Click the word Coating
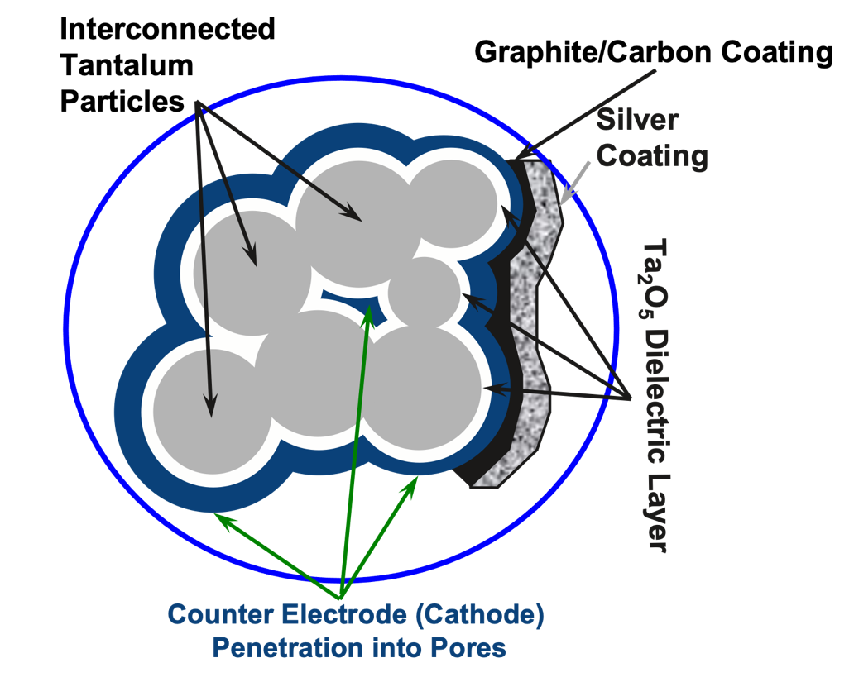(652, 155)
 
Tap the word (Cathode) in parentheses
(481, 616)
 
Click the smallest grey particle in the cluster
(424, 293)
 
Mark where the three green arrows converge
(340, 598)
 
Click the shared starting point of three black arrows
(197, 103)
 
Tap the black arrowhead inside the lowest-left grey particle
(210, 409)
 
